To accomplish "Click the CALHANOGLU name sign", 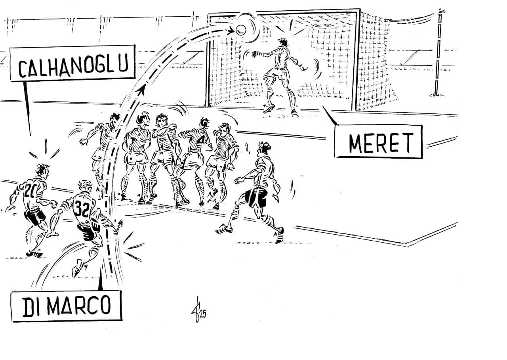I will click(x=72, y=63).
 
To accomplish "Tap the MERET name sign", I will click(x=378, y=142).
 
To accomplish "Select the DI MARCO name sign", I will click(x=66, y=306).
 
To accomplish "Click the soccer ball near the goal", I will click(x=241, y=29).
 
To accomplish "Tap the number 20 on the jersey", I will click(x=29, y=192).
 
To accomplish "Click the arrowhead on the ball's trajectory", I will click(x=140, y=91).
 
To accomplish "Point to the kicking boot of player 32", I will click(x=78, y=269).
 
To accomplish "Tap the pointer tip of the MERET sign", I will click(x=324, y=107).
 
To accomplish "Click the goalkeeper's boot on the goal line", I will click(x=269, y=109).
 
